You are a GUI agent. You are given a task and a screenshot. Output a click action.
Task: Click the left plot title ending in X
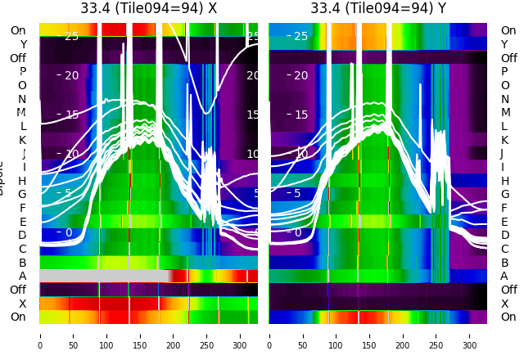(x=148, y=8)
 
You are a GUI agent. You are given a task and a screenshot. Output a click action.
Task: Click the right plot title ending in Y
(x=378, y=8)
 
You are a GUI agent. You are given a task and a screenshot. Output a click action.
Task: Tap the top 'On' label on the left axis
(x=18, y=30)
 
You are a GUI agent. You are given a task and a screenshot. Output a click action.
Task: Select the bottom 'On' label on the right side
(x=508, y=317)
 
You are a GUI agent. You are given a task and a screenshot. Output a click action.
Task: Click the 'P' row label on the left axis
(x=22, y=71)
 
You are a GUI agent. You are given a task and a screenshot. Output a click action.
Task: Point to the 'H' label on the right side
(x=504, y=181)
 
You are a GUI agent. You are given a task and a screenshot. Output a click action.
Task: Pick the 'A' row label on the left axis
(x=22, y=276)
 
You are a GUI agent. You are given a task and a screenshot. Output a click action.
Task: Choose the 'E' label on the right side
(x=504, y=222)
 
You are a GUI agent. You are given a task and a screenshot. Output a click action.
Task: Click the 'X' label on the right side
(x=504, y=304)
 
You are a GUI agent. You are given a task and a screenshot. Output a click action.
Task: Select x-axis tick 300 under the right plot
(x=469, y=335)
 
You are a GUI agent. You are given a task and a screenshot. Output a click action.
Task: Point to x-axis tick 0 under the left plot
(x=40, y=335)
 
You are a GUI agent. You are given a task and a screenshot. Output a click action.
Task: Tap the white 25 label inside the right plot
(x=300, y=36)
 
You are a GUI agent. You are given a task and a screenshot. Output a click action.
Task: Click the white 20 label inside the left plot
(x=71, y=75)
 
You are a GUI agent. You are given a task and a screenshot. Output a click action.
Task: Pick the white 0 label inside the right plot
(x=297, y=232)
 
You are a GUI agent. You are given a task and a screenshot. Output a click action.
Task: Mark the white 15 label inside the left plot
(x=71, y=115)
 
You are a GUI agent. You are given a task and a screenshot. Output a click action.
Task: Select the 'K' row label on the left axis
(x=22, y=140)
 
